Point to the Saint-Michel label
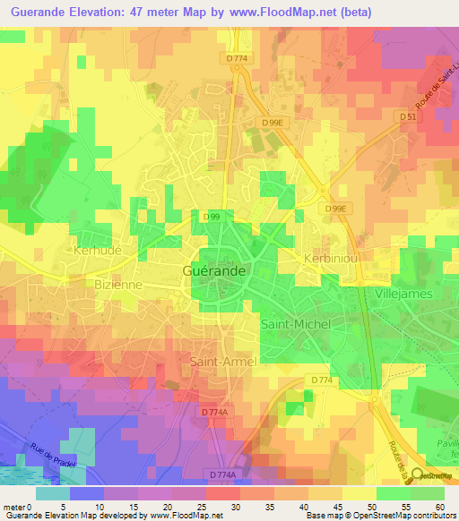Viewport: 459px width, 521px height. (x=295, y=323)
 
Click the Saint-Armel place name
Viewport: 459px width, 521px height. (x=222, y=362)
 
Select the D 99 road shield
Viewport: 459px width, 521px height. (x=212, y=217)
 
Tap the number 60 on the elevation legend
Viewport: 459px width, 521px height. (x=439, y=506)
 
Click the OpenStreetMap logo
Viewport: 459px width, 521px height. (x=434, y=477)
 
